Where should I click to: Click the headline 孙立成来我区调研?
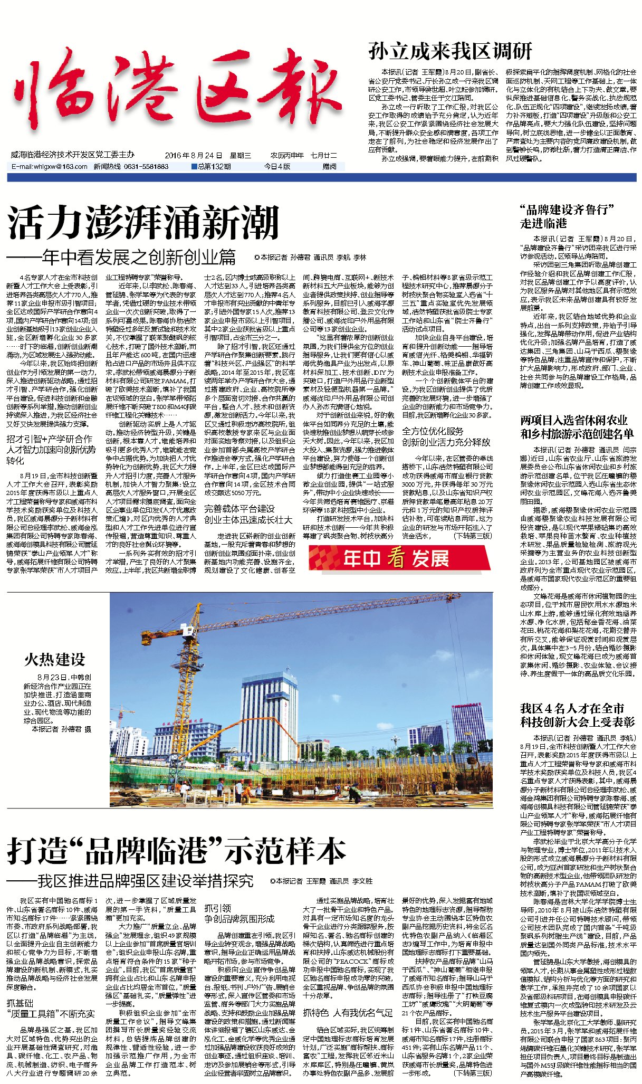click(450, 52)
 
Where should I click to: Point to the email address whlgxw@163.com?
click(50, 167)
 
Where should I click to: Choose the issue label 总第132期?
click(212, 167)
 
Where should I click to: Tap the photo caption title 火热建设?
click(54, 659)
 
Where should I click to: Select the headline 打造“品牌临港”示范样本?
click(177, 851)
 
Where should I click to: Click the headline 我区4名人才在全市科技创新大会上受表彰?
click(577, 715)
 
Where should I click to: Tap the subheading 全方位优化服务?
click(433, 431)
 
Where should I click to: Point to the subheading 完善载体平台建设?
click(239, 509)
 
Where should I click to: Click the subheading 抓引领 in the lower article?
click(217, 908)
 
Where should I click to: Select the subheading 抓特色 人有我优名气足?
click(348, 1013)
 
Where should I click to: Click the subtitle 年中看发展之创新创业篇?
click(139, 258)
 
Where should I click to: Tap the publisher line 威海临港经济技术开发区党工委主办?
click(72, 155)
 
